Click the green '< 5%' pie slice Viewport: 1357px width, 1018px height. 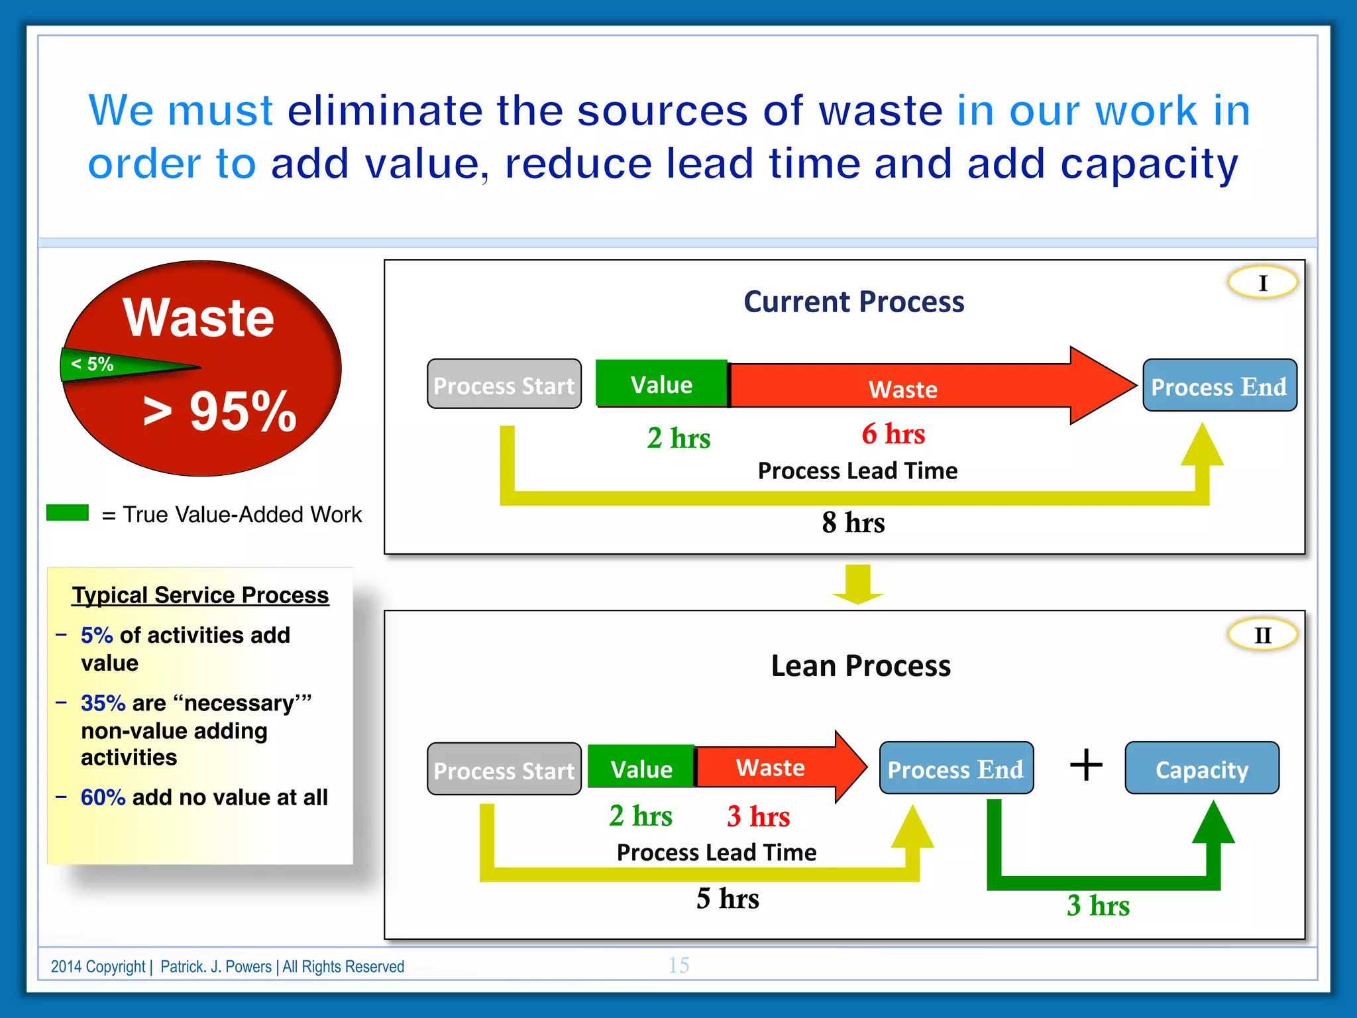pyautogui.click(x=99, y=365)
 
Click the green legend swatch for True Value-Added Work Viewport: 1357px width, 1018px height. pyautogui.click(x=68, y=513)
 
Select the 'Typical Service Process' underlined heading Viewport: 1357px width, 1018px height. pyautogui.click(x=200, y=595)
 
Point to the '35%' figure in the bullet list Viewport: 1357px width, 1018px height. pyautogui.click(x=103, y=703)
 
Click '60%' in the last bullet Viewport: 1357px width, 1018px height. pyautogui.click(x=103, y=797)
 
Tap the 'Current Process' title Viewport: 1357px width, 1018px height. pyautogui.click(x=853, y=302)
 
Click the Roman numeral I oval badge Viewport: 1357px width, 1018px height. pyautogui.click(x=1262, y=283)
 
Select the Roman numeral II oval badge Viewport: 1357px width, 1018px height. pyautogui.click(x=1262, y=635)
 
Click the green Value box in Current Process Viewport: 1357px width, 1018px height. pyautogui.click(x=661, y=384)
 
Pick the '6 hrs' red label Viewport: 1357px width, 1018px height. pyautogui.click(x=893, y=434)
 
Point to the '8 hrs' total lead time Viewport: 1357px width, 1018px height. pyautogui.click(x=853, y=523)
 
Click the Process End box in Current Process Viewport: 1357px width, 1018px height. pyautogui.click(x=1219, y=386)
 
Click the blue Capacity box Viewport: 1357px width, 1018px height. pyautogui.click(x=1202, y=769)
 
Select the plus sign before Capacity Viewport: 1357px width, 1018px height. pyautogui.click(x=1086, y=765)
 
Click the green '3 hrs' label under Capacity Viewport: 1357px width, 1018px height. pyautogui.click(x=1098, y=906)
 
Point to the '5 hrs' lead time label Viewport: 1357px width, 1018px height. pyautogui.click(x=728, y=899)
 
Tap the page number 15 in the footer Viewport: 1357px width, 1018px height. pyautogui.click(x=678, y=966)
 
